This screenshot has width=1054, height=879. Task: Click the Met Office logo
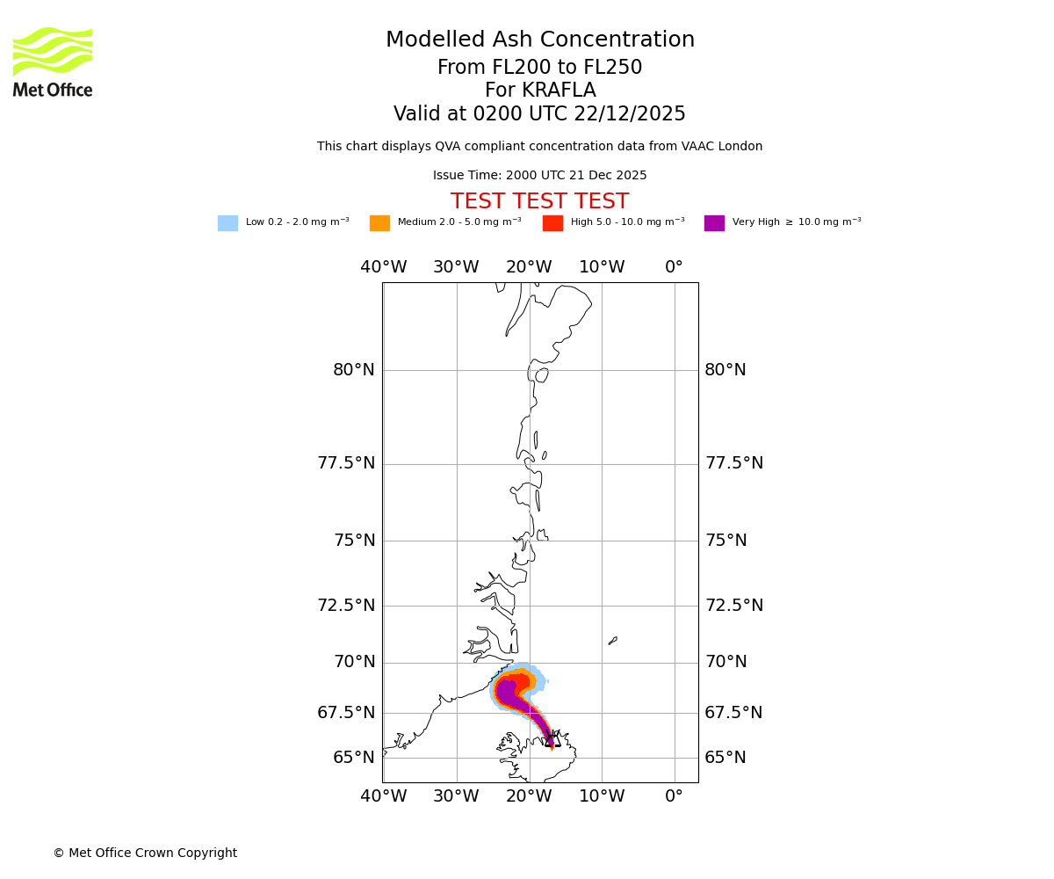(53, 62)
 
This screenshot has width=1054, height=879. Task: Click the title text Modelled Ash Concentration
(540, 40)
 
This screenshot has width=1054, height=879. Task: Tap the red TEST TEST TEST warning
(539, 202)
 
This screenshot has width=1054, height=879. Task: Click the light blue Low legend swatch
(227, 223)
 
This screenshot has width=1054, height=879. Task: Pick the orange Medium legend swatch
(379, 223)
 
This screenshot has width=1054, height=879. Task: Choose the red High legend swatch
(552, 223)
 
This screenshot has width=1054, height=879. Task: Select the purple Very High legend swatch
(714, 223)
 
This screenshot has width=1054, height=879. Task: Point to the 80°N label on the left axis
(354, 370)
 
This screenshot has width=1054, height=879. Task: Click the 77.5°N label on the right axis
(733, 463)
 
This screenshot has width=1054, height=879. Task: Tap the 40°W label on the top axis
(384, 267)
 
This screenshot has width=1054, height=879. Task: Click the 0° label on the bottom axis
(674, 797)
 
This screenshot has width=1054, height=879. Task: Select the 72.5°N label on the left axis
(346, 606)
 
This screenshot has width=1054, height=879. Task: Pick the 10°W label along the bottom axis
(602, 797)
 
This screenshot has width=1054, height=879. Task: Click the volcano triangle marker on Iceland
(552, 739)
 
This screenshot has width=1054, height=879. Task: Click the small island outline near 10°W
(613, 641)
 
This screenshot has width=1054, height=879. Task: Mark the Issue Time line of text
(539, 176)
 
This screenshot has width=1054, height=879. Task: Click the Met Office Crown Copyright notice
(145, 854)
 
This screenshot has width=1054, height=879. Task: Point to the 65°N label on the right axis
(726, 758)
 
